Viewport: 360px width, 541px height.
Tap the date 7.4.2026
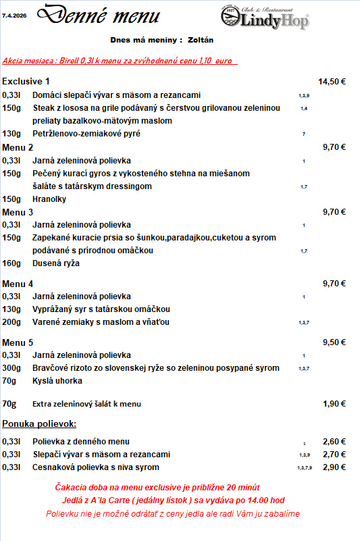pyautogui.click(x=15, y=13)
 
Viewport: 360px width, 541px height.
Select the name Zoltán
pyautogui.click(x=201, y=40)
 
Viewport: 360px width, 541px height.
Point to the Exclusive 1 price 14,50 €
pyautogui.click(x=332, y=82)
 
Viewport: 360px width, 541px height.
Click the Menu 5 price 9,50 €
pyautogui.click(x=334, y=342)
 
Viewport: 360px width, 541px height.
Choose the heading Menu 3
pyautogui.click(x=18, y=211)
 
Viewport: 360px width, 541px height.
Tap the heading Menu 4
pyautogui.click(x=18, y=284)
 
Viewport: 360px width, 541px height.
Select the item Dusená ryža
pyautogui.click(x=56, y=263)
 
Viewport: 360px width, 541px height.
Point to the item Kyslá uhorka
pyautogui.click(x=57, y=381)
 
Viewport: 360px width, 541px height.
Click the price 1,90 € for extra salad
pyautogui.click(x=334, y=404)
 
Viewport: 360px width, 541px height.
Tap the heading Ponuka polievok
pyautogui.click(x=39, y=424)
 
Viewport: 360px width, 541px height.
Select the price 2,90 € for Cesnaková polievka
pyautogui.click(x=334, y=467)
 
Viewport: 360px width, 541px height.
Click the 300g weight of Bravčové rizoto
pyautogui.click(x=11, y=368)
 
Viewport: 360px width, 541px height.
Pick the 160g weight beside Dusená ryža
pyautogui.click(x=11, y=263)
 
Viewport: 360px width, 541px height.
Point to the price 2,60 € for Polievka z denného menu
pyautogui.click(x=334, y=442)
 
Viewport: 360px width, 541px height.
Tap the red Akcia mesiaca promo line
pyautogui.click(x=118, y=61)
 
